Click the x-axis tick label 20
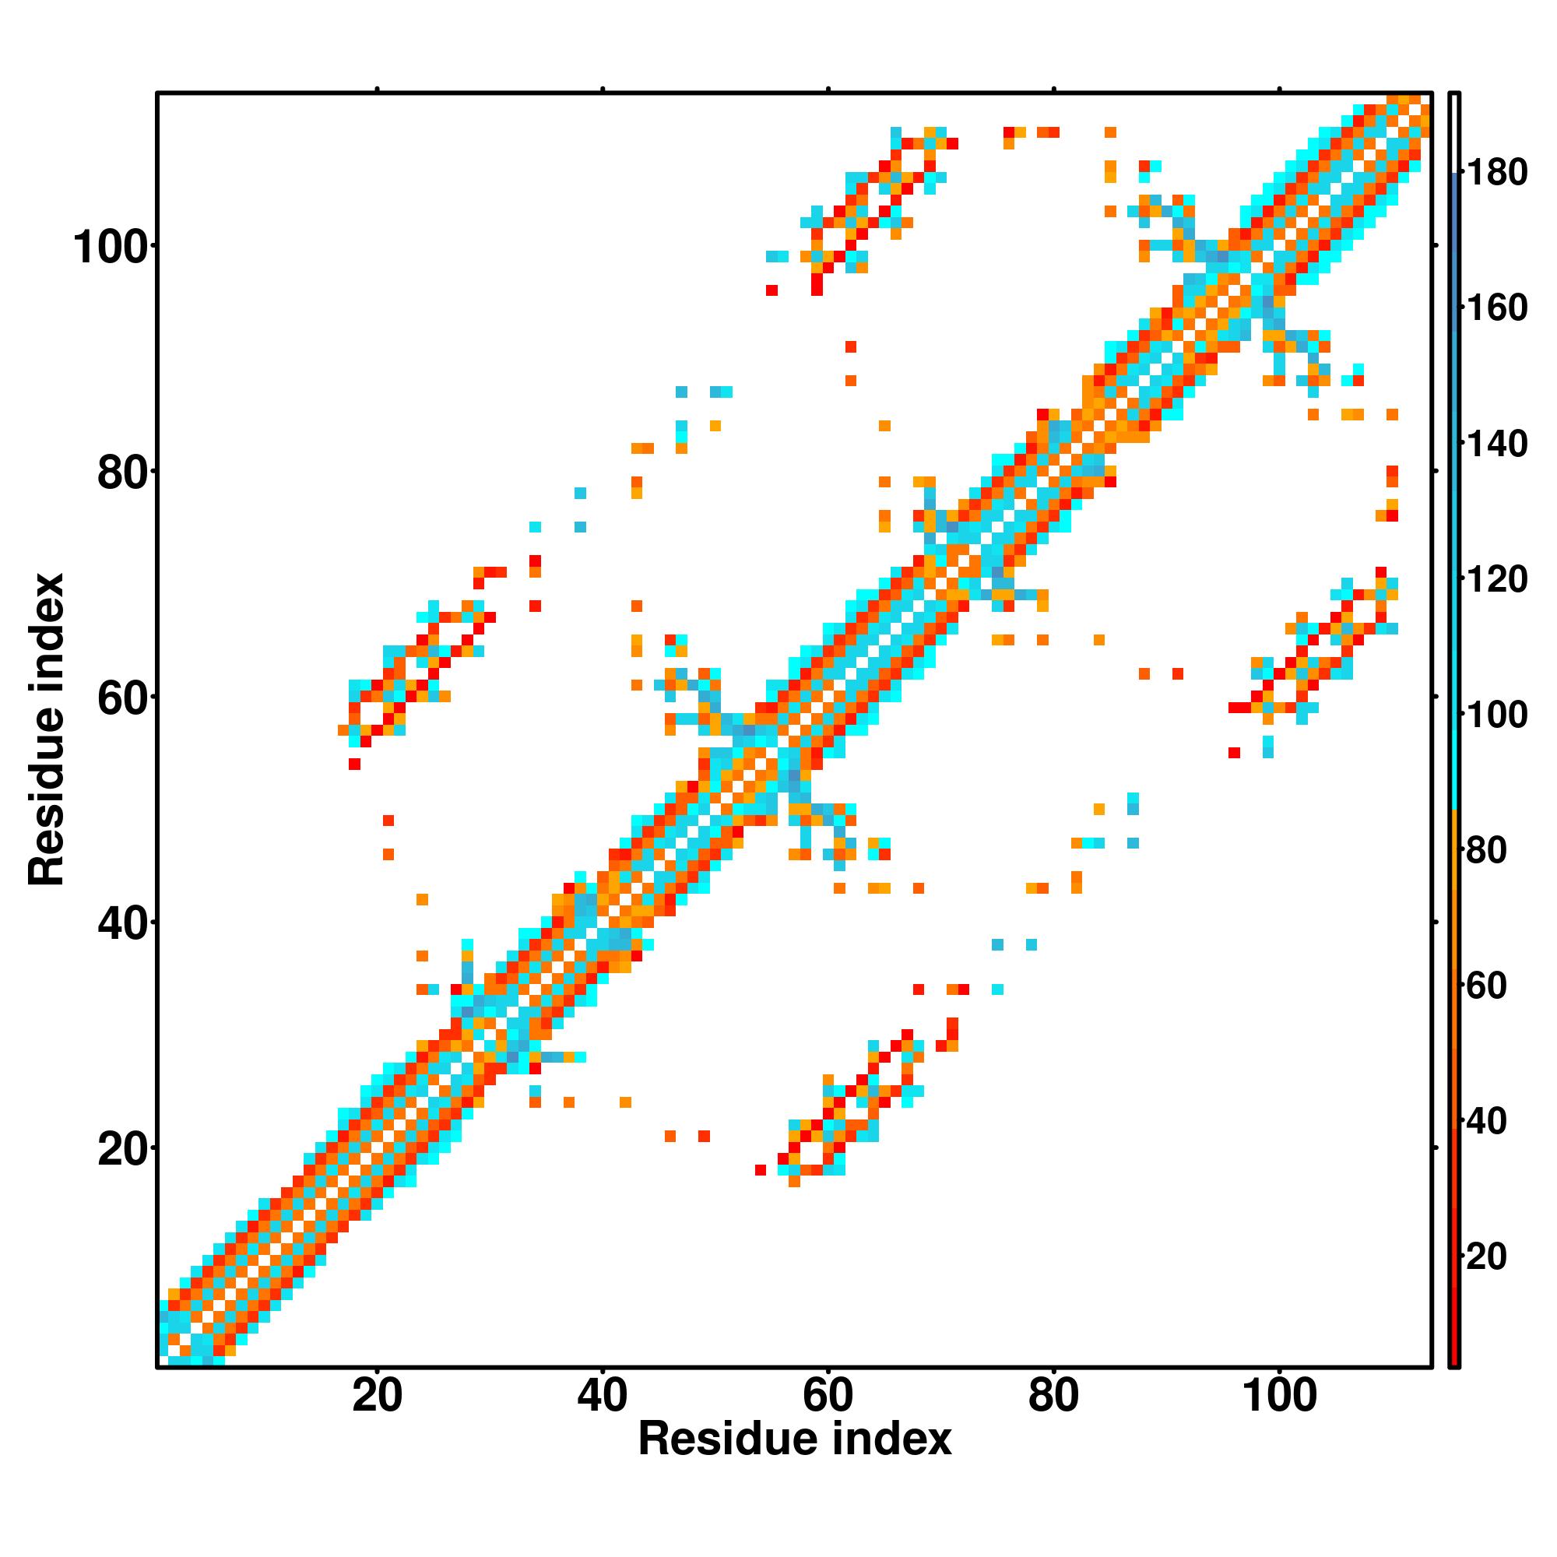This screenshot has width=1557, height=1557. [376, 1394]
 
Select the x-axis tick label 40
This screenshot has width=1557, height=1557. [602, 1394]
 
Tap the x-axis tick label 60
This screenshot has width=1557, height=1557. [828, 1394]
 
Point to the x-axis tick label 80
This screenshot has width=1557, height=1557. [1053, 1394]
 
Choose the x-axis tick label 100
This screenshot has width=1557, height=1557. [1280, 1394]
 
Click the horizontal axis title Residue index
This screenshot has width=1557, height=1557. [795, 1439]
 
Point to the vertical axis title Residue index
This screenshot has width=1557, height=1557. [47, 729]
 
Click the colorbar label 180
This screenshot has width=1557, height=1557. [1496, 173]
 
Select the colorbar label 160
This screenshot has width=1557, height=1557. [1496, 308]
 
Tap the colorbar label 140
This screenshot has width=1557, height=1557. [1496, 443]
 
